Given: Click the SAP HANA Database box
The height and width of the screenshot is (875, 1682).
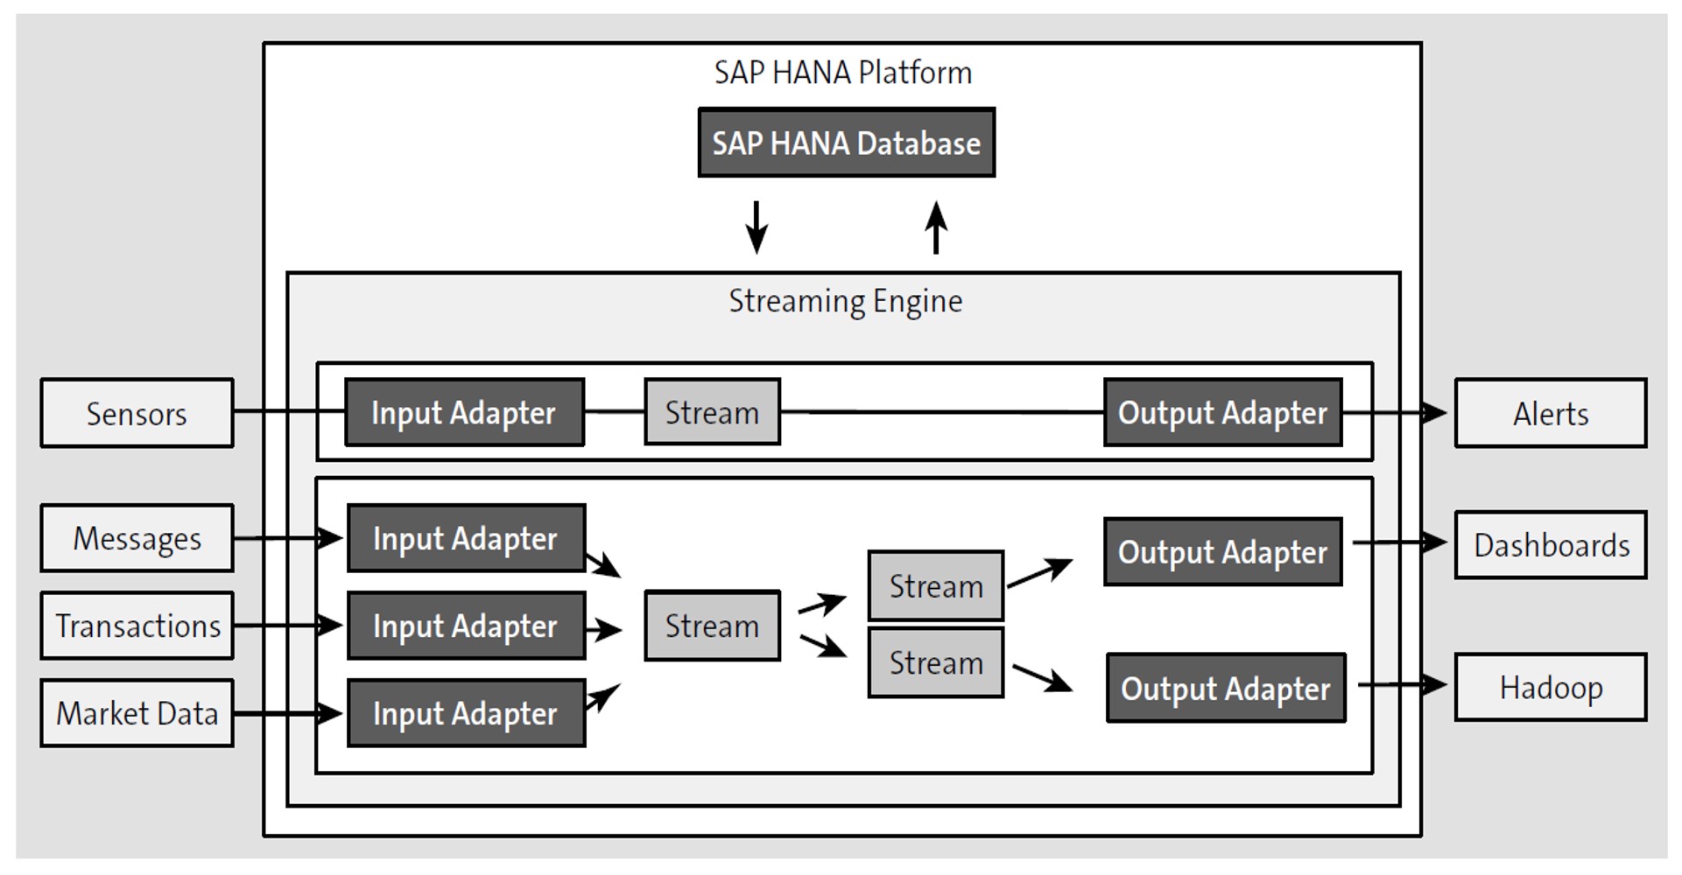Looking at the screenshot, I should [x=846, y=143].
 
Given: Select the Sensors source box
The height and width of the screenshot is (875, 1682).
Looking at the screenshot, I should [x=137, y=413].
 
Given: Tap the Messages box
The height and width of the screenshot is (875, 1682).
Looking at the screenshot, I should [x=137, y=538].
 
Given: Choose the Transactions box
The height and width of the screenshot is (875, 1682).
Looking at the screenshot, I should [x=137, y=626].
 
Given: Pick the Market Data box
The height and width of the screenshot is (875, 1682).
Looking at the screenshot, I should [x=137, y=713].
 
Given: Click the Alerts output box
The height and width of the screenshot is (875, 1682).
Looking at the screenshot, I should [x=1550, y=413].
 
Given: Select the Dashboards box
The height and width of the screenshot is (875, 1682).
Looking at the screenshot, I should [x=1550, y=545].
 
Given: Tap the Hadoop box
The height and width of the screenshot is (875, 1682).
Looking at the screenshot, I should [x=1550, y=687].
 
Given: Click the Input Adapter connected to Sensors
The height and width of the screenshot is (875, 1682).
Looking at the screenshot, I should [x=464, y=412].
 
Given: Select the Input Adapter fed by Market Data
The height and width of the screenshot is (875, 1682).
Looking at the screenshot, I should [x=466, y=713].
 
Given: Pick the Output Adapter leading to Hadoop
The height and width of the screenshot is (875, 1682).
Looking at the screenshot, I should [x=1226, y=688].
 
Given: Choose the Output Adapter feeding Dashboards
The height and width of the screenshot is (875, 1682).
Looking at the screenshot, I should [x=1222, y=552].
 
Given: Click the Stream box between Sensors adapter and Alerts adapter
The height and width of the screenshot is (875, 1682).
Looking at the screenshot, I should [x=712, y=412].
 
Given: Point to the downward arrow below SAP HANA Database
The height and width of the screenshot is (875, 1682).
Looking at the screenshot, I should [x=757, y=227].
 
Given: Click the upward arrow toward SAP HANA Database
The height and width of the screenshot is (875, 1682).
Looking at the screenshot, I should [x=936, y=227].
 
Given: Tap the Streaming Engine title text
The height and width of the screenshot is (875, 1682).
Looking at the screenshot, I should [x=845, y=301].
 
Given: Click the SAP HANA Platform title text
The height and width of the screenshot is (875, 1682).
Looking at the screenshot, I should [x=842, y=73].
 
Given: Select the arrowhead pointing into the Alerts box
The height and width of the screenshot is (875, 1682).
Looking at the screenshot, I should [x=1436, y=412].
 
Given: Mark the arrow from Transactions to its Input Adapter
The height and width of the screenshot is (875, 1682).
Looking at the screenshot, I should [x=289, y=626].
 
